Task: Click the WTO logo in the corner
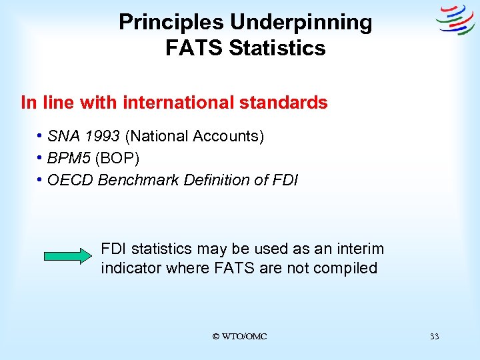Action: click(x=455, y=20)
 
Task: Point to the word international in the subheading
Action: click(x=181, y=103)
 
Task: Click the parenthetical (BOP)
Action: click(x=117, y=158)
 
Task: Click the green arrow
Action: click(x=69, y=256)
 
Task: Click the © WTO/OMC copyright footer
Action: click(x=239, y=337)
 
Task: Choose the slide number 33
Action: click(x=435, y=337)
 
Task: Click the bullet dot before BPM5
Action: click(x=41, y=158)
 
